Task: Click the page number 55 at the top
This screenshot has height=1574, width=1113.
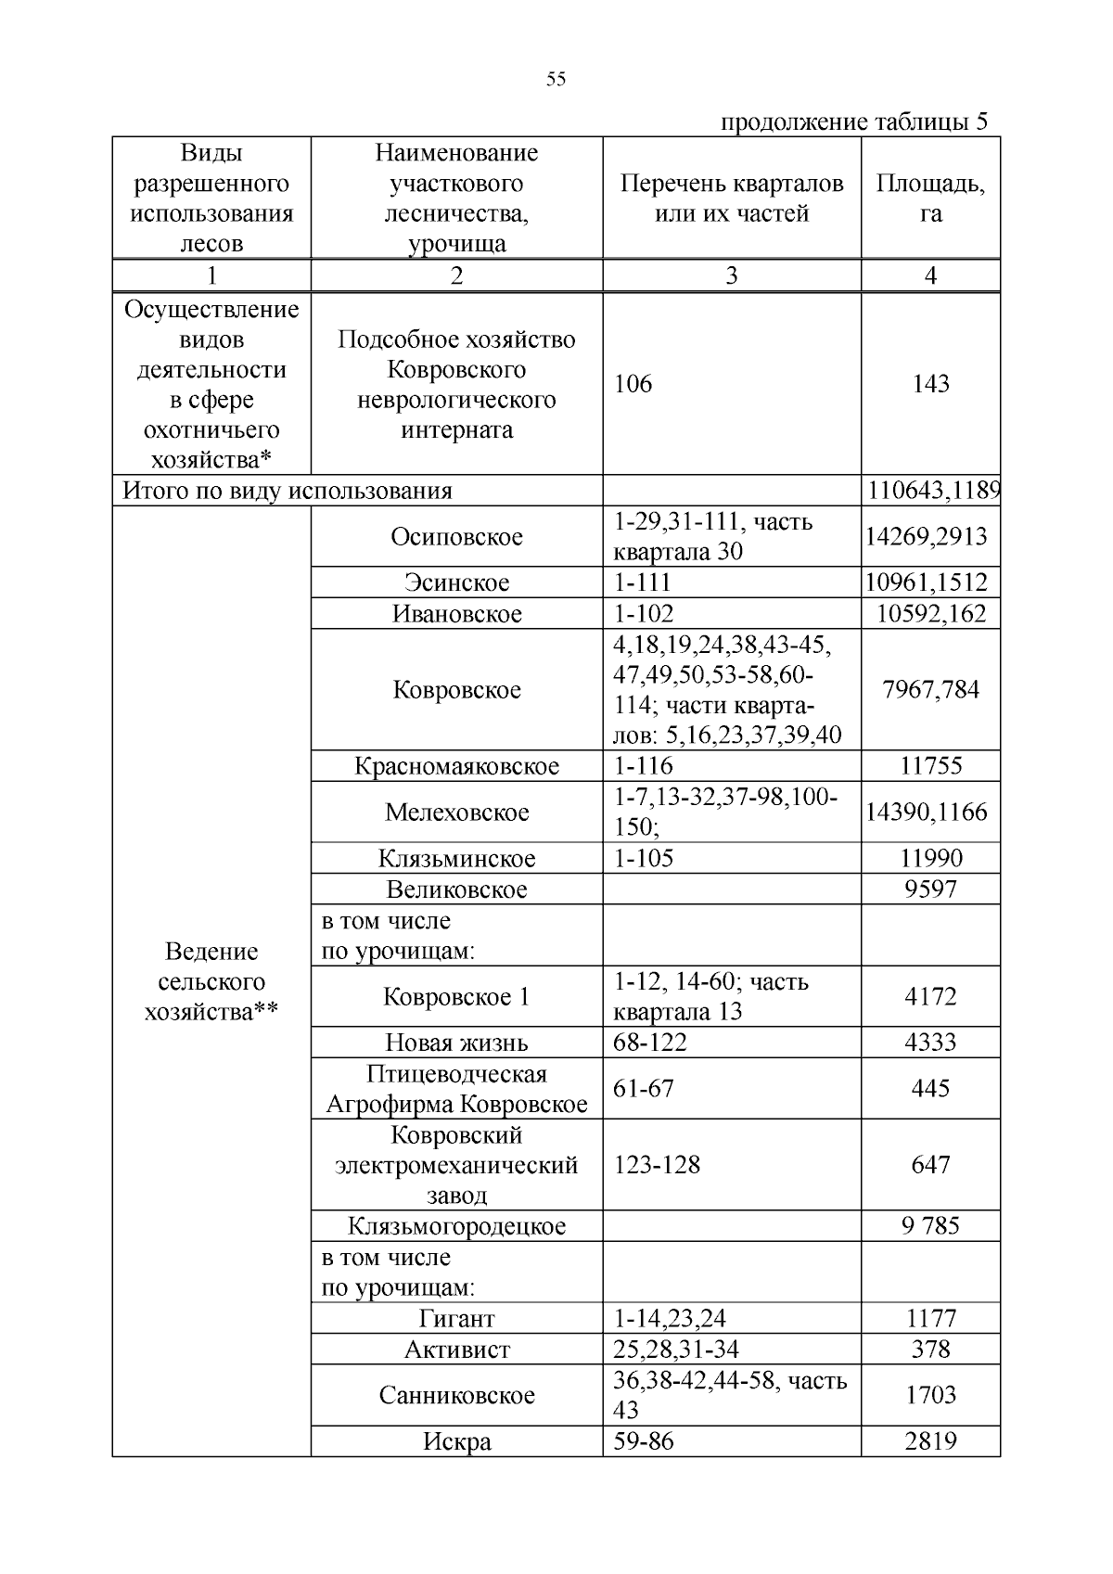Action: point(556,80)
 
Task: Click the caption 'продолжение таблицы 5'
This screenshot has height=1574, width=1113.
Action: point(854,122)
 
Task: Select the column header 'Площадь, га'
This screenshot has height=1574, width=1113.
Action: point(930,198)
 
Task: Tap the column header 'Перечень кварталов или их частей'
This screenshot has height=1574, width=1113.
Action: point(732,198)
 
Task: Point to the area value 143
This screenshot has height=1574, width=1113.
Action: point(930,384)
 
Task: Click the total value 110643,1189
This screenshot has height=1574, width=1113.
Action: point(933,491)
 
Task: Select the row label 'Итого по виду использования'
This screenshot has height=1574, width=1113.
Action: point(288,491)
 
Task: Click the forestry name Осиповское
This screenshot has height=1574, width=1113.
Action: point(456,537)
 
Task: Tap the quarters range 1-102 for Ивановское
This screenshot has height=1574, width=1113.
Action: point(644,614)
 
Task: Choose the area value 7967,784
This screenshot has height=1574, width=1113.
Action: point(930,690)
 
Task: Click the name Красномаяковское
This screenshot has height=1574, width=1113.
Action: point(456,766)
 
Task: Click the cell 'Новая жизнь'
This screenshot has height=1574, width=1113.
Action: point(456,1043)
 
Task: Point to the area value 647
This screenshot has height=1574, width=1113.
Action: point(930,1165)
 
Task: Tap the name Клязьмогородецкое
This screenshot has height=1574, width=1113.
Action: point(456,1226)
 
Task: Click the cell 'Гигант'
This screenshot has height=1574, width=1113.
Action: point(456,1319)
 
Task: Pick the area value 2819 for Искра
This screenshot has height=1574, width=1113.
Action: point(930,1441)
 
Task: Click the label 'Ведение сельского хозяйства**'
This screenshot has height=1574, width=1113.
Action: point(211,981)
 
